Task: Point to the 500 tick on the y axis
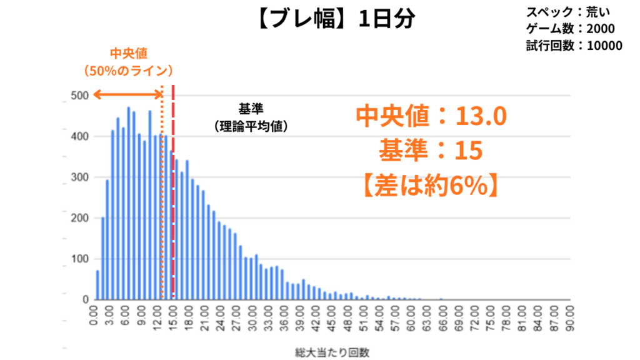point(79,96)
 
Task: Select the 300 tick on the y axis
point(79,177)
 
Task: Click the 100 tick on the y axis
point(79,259)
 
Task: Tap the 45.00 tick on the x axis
point(333,316)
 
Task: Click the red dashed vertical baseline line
point(173,187)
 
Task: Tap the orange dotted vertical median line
point(162,200)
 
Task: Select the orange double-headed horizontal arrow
point(127,94)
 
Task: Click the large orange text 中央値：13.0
point(431,115)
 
